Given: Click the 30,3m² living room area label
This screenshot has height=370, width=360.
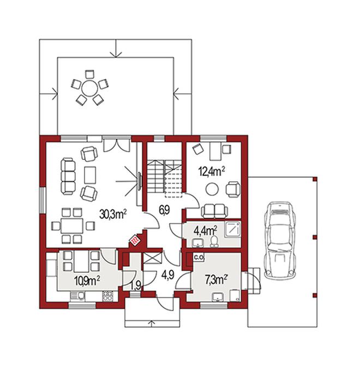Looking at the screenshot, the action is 113,214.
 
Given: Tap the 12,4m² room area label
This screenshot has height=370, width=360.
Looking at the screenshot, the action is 212,171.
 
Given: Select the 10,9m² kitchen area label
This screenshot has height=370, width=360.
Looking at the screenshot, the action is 87,281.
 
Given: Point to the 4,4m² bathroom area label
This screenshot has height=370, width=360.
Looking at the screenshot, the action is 206,230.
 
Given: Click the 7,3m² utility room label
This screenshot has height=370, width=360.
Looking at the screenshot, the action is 216,280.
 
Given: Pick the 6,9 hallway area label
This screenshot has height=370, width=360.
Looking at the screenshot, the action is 164,210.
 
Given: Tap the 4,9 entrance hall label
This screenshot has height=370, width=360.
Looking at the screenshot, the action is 168,274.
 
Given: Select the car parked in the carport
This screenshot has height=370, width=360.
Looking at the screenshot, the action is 280,241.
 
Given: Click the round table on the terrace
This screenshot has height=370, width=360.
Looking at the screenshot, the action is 89,88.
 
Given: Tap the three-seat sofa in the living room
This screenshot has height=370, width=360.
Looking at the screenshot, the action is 68,176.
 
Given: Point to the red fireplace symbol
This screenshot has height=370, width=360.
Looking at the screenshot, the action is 135,241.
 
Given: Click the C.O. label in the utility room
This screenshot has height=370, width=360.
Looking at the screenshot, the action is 199,258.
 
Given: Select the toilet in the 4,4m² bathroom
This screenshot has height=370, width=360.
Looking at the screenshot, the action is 214,241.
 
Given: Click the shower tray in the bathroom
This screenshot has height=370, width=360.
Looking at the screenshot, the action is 232,229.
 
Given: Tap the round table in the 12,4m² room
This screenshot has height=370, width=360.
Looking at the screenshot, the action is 212,189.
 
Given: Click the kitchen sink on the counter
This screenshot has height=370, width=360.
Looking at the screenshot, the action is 77,296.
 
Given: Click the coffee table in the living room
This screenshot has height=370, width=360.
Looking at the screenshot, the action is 90,175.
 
